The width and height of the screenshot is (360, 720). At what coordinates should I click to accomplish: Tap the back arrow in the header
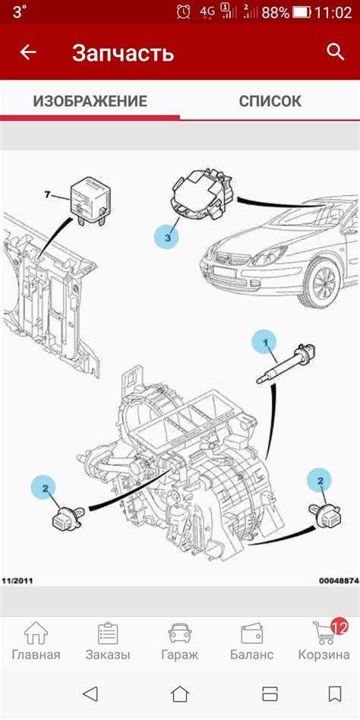click(x=28, y=52)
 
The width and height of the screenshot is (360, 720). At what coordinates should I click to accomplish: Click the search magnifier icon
click(x=335, y=52)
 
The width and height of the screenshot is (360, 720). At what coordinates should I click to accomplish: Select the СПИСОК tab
click(x=270, y=101)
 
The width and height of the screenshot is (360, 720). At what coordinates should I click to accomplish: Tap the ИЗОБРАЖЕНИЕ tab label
click(x=90, y=101)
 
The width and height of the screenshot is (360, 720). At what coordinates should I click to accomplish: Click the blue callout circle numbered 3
click(x=166, y=238)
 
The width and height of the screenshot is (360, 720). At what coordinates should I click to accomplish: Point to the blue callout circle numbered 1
click(x=264, y=342)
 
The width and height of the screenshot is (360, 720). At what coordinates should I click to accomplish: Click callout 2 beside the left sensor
click(x=43, y=488)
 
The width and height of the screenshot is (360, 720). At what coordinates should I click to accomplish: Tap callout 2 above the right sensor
click(x=319, y=481)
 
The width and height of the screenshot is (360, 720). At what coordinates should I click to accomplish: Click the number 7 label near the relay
click(x=47, y=194)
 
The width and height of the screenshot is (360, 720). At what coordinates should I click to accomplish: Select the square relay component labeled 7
click(x=90, y=202)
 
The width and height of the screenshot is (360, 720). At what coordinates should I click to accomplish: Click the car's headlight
click(x=269, y=256)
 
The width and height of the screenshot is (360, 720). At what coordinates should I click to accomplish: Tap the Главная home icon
click(x=36, y=633)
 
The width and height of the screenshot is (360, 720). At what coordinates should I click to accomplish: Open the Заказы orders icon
click(x=108, y=633)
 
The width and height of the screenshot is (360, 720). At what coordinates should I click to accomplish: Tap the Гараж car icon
click(x=179, y=633)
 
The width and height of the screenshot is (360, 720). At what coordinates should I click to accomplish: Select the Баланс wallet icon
click(x=251, y=633)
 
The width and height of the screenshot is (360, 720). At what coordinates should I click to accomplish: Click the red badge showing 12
click(x=339, y=626)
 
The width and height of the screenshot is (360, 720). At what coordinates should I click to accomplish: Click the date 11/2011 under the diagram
click(x=17, y=581)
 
